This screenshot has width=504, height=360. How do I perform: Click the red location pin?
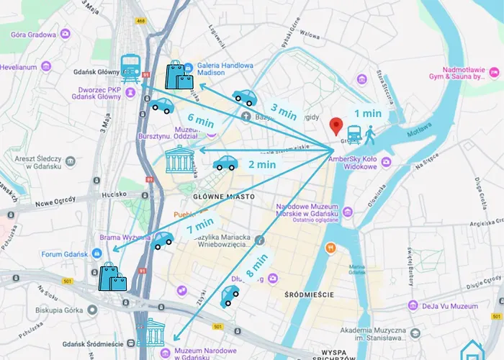(x=335, y=126)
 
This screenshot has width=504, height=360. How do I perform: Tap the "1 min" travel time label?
(x=367, y=113)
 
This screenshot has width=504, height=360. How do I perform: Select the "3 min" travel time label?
(x=283, y=112)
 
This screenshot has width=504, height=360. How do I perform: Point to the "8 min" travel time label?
(x=256, y=265)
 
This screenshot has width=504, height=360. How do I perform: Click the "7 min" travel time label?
(x=199, y=227)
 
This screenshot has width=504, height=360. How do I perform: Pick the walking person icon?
(x=370, y=134)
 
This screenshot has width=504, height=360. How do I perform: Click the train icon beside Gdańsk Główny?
(x=130, y=68)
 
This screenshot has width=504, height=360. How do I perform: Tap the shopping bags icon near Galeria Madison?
(x=179, y=75)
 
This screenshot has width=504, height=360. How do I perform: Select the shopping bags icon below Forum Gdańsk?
(x=112, y=276)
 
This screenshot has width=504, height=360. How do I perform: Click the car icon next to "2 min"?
(x=225, y=163)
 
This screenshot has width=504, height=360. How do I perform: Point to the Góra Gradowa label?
(x=36, y=33)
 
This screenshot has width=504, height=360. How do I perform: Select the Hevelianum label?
(x=18, y=66)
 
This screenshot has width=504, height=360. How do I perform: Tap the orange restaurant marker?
(x=330, y=248)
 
